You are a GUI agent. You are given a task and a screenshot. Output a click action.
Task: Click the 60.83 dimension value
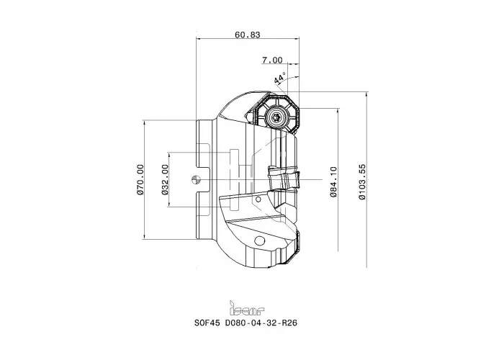(x=247, y=35)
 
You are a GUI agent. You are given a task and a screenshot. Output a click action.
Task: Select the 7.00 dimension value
(x=272, y=60)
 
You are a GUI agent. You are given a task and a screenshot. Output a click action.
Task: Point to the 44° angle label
(x=279, y=78)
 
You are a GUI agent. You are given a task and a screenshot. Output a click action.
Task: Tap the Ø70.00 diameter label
(x=140, y=179)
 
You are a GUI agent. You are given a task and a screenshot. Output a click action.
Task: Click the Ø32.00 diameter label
(x=165, y=179)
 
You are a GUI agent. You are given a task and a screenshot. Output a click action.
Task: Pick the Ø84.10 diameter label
(x=333, y=181)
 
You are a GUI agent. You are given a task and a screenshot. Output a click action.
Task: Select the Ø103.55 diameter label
(x=362, y=181)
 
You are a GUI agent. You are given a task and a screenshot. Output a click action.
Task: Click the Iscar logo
(x=247, y=308)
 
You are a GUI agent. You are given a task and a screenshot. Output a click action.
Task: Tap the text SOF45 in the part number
(x=207, y=323)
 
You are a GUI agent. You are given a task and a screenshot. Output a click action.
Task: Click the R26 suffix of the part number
(x=289, y=323)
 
